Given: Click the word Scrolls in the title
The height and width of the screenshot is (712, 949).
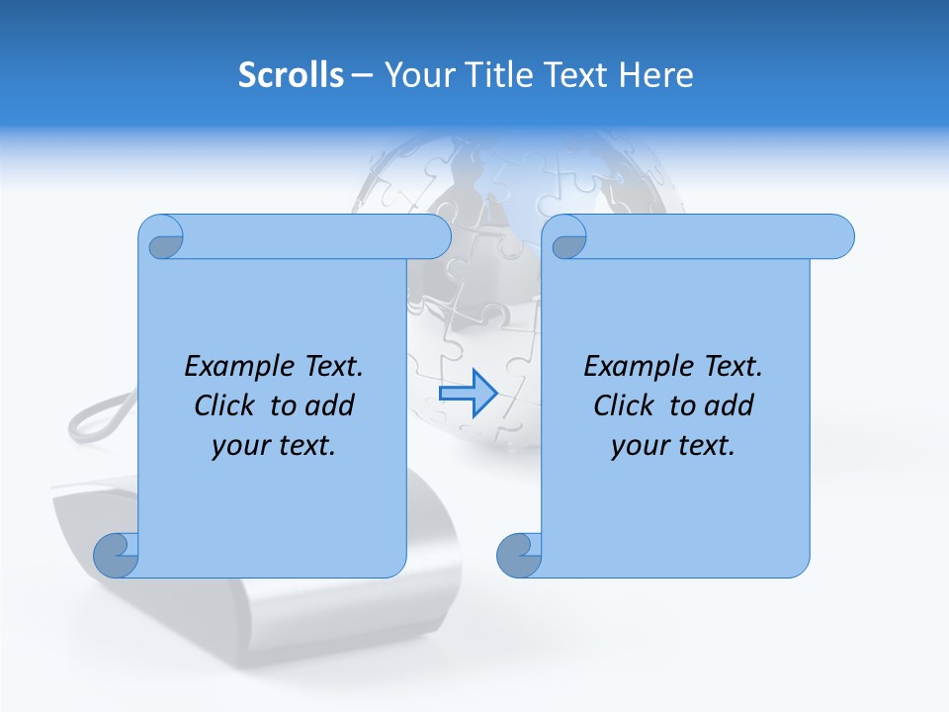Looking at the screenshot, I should coord(291,75).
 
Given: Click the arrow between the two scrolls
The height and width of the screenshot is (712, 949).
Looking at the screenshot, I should coord(468,394).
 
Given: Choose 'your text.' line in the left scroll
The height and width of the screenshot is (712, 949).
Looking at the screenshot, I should coord(274,446).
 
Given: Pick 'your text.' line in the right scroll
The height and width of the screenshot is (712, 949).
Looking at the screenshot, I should coord(673,446).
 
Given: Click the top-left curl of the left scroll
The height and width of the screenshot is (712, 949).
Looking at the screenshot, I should coord(164,240).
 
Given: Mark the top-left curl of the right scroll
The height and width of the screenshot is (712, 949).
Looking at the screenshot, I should coord(568,240).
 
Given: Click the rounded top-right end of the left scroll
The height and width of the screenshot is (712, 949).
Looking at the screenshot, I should coord(435,236).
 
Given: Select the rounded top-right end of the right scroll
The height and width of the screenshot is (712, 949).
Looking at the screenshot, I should coord(838,236).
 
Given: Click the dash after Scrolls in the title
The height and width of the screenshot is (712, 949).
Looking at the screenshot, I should coord(363,75).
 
